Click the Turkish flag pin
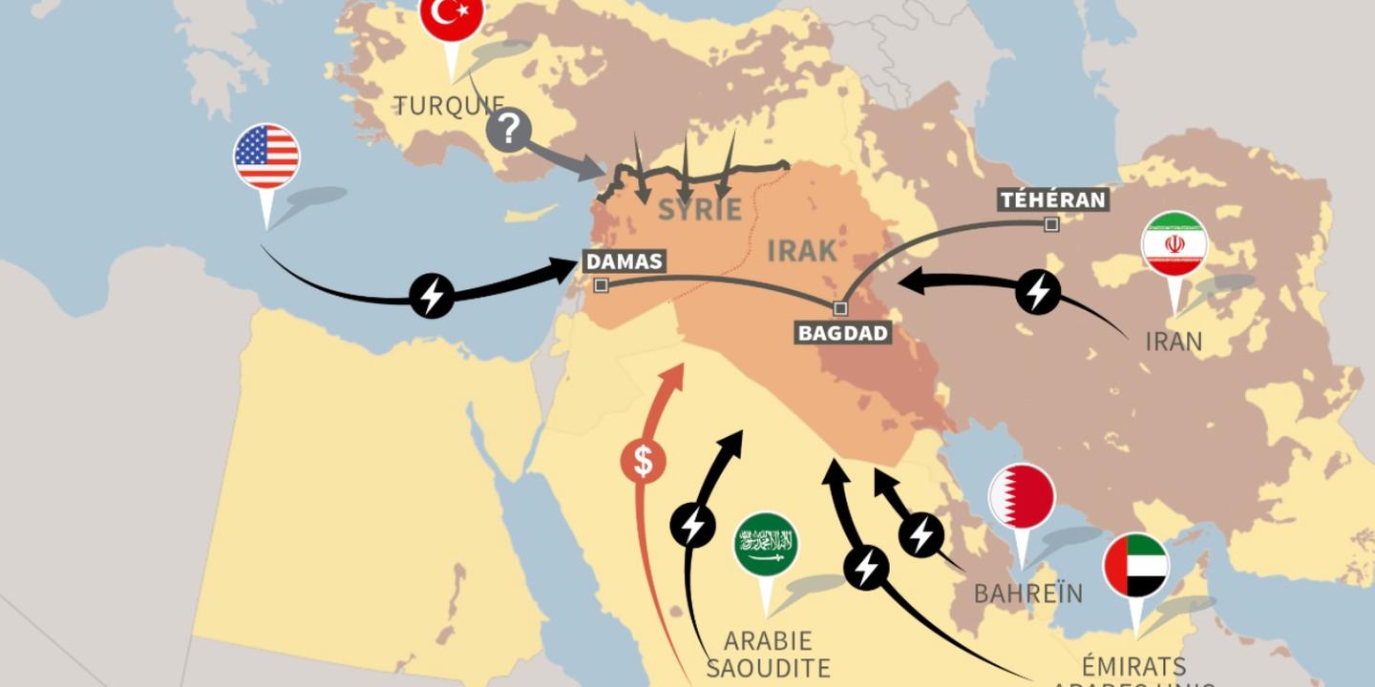coord(452,16)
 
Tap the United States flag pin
coord(266,156)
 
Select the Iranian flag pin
coord(1174,244)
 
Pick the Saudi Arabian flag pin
coord(766,544)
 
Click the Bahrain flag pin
coord(1022,496)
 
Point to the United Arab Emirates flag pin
coord(1136,565)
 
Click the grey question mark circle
coord(509,129)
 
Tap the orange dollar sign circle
coord(644,461)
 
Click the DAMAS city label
coord(624,261)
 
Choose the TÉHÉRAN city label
coord(1052,200)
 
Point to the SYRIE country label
coord(700,210)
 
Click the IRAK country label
coord(802,251)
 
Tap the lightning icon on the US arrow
coord(432,296)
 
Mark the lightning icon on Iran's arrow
coord(1038,291)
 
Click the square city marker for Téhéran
coord(1051,225)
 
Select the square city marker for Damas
coord(601,285)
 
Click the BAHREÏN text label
coord(1028,593)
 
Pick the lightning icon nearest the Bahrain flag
coord(921,535)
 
